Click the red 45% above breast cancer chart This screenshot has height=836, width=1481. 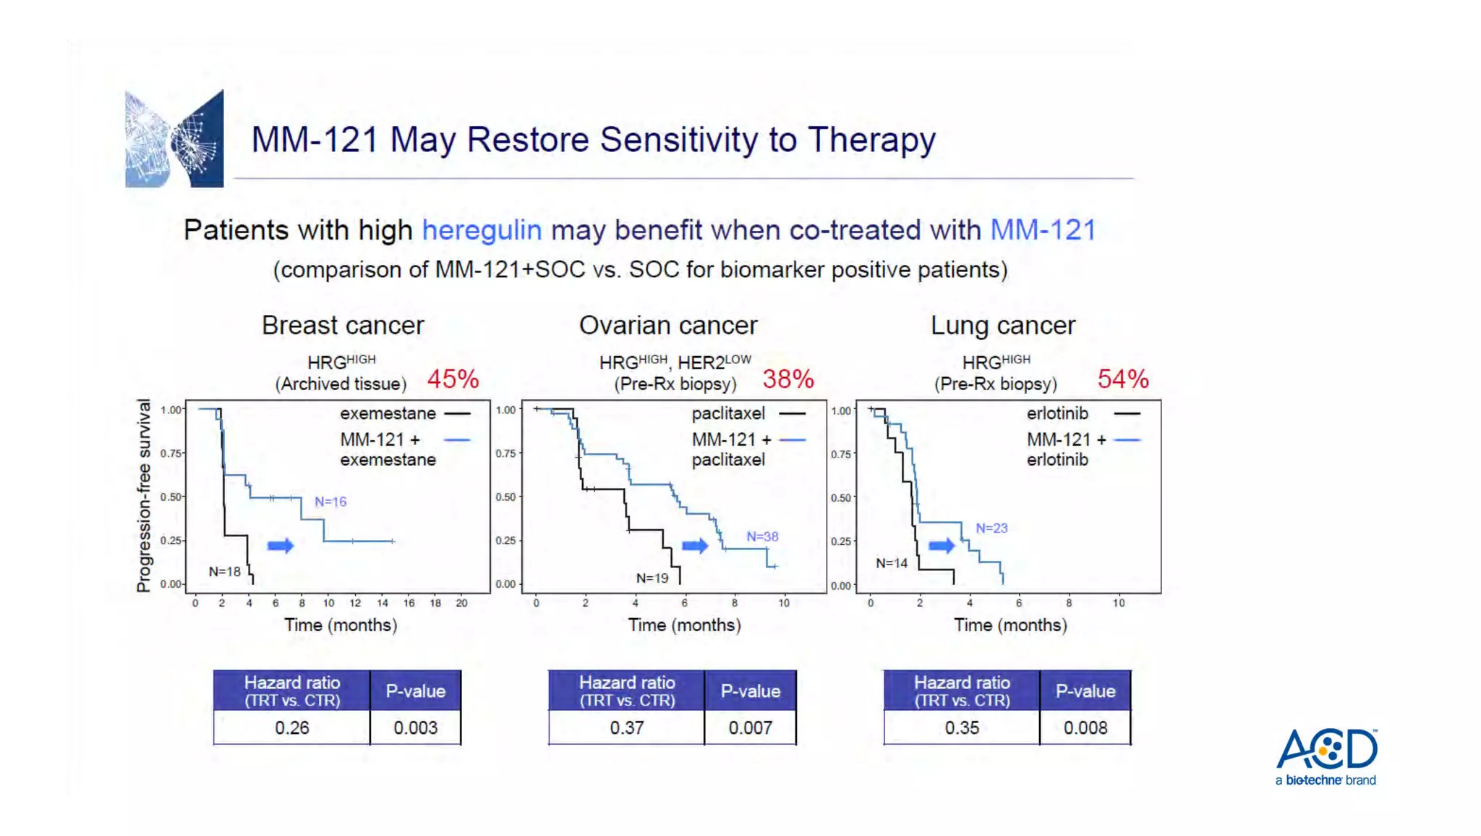pos(453,379)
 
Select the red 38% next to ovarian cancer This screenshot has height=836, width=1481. pos(788,379)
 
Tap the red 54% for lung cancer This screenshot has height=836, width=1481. pos(1122,379)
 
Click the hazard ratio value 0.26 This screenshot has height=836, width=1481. pos(291,727)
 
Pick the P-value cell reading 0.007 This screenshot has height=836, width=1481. pos(750,727)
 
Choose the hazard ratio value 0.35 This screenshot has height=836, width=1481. pos(961,727)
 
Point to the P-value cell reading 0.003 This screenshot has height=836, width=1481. pos(415,727)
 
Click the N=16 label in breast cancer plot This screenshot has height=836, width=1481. pos(330,502)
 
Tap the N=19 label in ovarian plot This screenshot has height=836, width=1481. pos(652,578)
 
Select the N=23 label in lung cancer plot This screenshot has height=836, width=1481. pos(991,528)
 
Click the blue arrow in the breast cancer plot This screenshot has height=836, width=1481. pos(281,546)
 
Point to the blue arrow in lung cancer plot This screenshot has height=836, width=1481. pos(942,545)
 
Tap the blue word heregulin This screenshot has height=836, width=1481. pos(482,230)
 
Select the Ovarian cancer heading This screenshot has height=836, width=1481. pos(667,325)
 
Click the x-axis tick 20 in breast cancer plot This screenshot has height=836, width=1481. pos(461,603)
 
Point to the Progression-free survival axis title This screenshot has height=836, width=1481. pos(144,496)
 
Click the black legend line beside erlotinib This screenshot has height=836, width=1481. pos(1127,413)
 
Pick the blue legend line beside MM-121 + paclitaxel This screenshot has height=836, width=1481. pos(793,440)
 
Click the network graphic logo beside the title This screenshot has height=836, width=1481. pos(174,138)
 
